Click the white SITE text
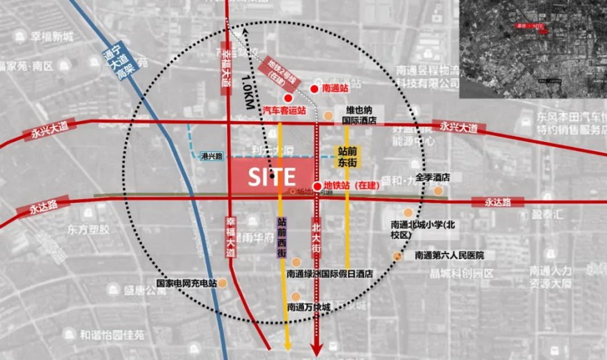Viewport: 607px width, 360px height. (272, 177)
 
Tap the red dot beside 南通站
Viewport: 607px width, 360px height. (314, 89)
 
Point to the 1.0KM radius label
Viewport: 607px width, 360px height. (246, 90)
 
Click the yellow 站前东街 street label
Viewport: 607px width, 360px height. (346, 157)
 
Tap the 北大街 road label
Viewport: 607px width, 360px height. (317, 237)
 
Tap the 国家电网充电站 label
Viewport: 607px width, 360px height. (186, 283)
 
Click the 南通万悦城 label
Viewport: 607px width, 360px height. (309, 306)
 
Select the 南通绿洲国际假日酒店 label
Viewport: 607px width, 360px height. (330, 274)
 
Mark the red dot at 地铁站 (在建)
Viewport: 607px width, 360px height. (317, 186)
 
